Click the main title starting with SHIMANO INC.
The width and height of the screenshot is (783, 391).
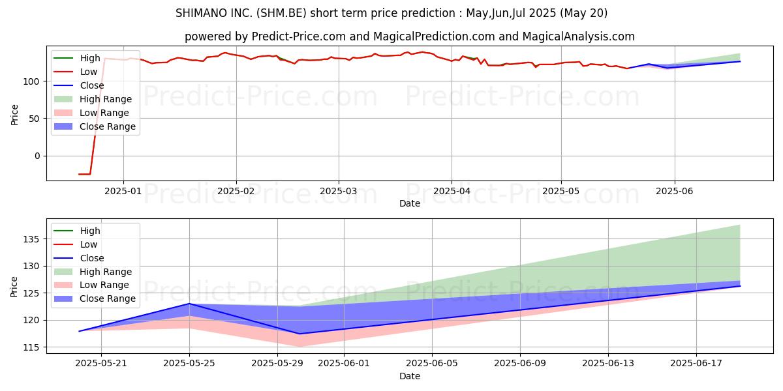[x=391, y=13]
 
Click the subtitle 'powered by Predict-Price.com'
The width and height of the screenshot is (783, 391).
[x=410, y=36]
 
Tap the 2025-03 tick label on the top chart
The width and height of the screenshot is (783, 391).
[x=339, y=191]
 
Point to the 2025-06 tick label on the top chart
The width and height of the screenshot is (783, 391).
[x=674, y=191]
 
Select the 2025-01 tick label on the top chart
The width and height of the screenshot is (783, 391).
[x=123, y=191]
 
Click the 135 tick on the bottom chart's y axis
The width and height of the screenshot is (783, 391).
[x=30, y=239]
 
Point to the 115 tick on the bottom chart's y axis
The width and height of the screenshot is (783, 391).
[x=30, y=347]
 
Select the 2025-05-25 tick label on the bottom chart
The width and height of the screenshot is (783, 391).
[x=189, y=363]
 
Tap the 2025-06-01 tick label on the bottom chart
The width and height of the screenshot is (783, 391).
[x=343, y=363]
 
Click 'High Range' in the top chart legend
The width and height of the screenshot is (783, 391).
[x=106, y=99]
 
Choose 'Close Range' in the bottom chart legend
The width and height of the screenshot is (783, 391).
[x=108, y=298]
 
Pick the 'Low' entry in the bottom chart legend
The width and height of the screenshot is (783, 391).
[x=89, y=244]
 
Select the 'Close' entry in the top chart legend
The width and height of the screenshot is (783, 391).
[x=91, y=85]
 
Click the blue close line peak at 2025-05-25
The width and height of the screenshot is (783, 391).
[x=189, y=304]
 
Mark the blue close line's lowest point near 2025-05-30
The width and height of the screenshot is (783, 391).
[x=299, y=334]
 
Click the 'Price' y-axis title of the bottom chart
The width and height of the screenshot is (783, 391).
[x=14, y=286]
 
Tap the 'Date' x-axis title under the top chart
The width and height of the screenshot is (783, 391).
[x=410, y=203]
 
